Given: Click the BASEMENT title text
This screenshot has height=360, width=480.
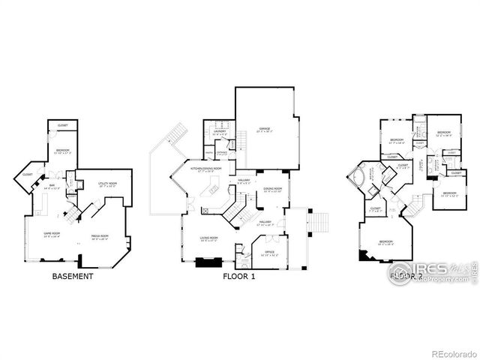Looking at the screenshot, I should pos(73,276).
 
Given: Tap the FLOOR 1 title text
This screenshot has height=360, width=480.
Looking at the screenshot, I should pos(239,276).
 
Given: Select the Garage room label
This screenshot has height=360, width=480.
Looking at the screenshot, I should pos(264,128).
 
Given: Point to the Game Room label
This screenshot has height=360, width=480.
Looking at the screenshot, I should pos(51,233).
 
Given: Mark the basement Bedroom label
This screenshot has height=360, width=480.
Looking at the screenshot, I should pos(62,151).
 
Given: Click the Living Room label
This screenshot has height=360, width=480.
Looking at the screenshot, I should pos(208,238).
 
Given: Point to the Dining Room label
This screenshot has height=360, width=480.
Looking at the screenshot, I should pos(272,188).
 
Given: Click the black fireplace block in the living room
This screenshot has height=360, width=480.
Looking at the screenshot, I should pos(205,262).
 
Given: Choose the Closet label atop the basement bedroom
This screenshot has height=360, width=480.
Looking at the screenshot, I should pos(62,125).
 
